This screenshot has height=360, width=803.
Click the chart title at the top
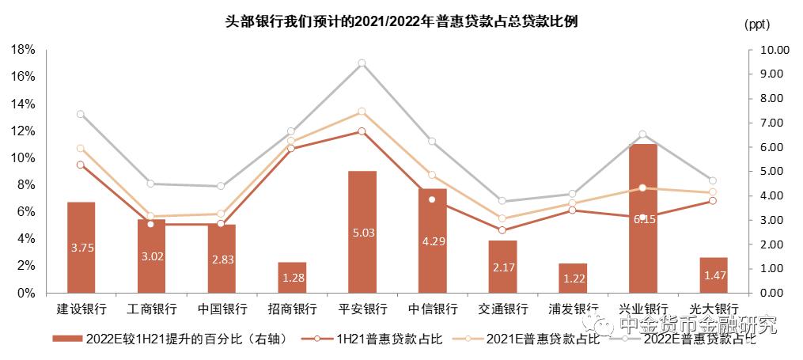(x=401, y=21)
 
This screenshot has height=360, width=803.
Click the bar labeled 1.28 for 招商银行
(x=291, y=277)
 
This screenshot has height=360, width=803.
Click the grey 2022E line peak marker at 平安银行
(x=362, y=63)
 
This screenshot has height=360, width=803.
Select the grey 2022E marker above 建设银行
(x=81, y=114)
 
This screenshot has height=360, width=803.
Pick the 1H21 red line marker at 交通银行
(x=502, y=230)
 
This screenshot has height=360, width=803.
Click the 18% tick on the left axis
(x=23, y=50)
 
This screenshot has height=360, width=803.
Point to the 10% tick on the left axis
(x=23, y=157)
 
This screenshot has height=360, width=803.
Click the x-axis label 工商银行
(x=151, y=309)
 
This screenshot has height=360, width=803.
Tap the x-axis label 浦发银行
(x=573, y=309)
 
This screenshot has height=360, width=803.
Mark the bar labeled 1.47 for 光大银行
(x=713, y=275)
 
